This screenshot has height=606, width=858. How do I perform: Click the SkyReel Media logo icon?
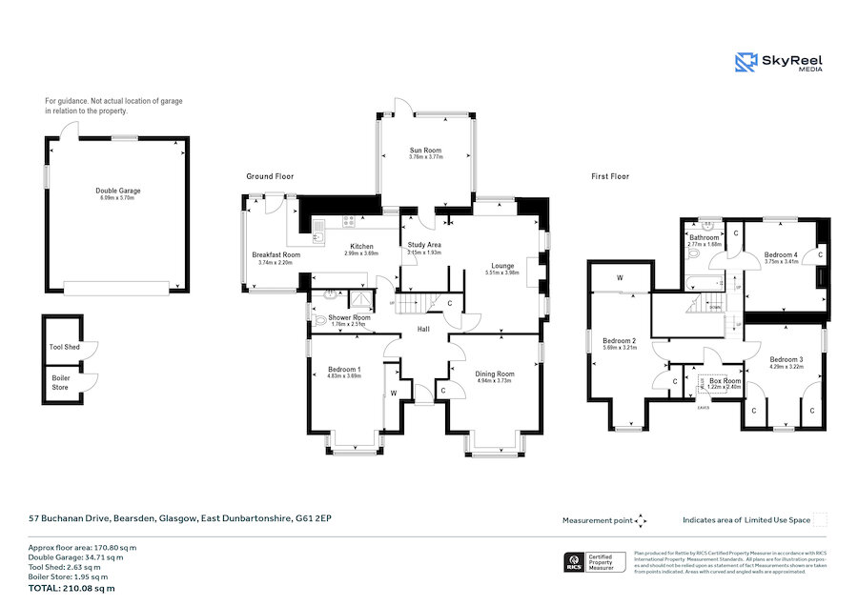(x=746, y=62)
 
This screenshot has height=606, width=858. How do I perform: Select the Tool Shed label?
(x=64, y=347)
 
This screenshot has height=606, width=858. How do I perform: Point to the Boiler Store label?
(x=61, y=382)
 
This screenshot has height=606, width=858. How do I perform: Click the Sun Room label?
(x=425, y=151)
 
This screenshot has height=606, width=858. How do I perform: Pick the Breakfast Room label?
(x=276, y=255)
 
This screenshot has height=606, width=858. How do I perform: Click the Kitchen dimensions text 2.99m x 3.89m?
(x=361, y=253)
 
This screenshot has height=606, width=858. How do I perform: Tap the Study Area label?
(x=423, y=245)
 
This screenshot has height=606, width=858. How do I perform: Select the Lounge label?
(x=502, y=266)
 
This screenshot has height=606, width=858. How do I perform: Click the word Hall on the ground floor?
(x=423, y=329)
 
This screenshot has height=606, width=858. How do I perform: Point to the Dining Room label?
(x=495, y=374)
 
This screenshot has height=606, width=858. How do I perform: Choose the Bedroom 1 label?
(x=344, y=369)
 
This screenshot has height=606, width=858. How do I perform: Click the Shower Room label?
(x=349, y=317)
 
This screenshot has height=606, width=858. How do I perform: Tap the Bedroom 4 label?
(x=782, y=254)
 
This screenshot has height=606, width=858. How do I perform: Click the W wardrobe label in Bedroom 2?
(x=620, y=278)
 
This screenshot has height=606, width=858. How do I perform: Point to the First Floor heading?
(x=610, y=176)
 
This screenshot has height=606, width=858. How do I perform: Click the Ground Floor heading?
(x=270, y=176)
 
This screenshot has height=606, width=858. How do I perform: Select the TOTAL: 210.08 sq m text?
(x=71, y=588)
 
